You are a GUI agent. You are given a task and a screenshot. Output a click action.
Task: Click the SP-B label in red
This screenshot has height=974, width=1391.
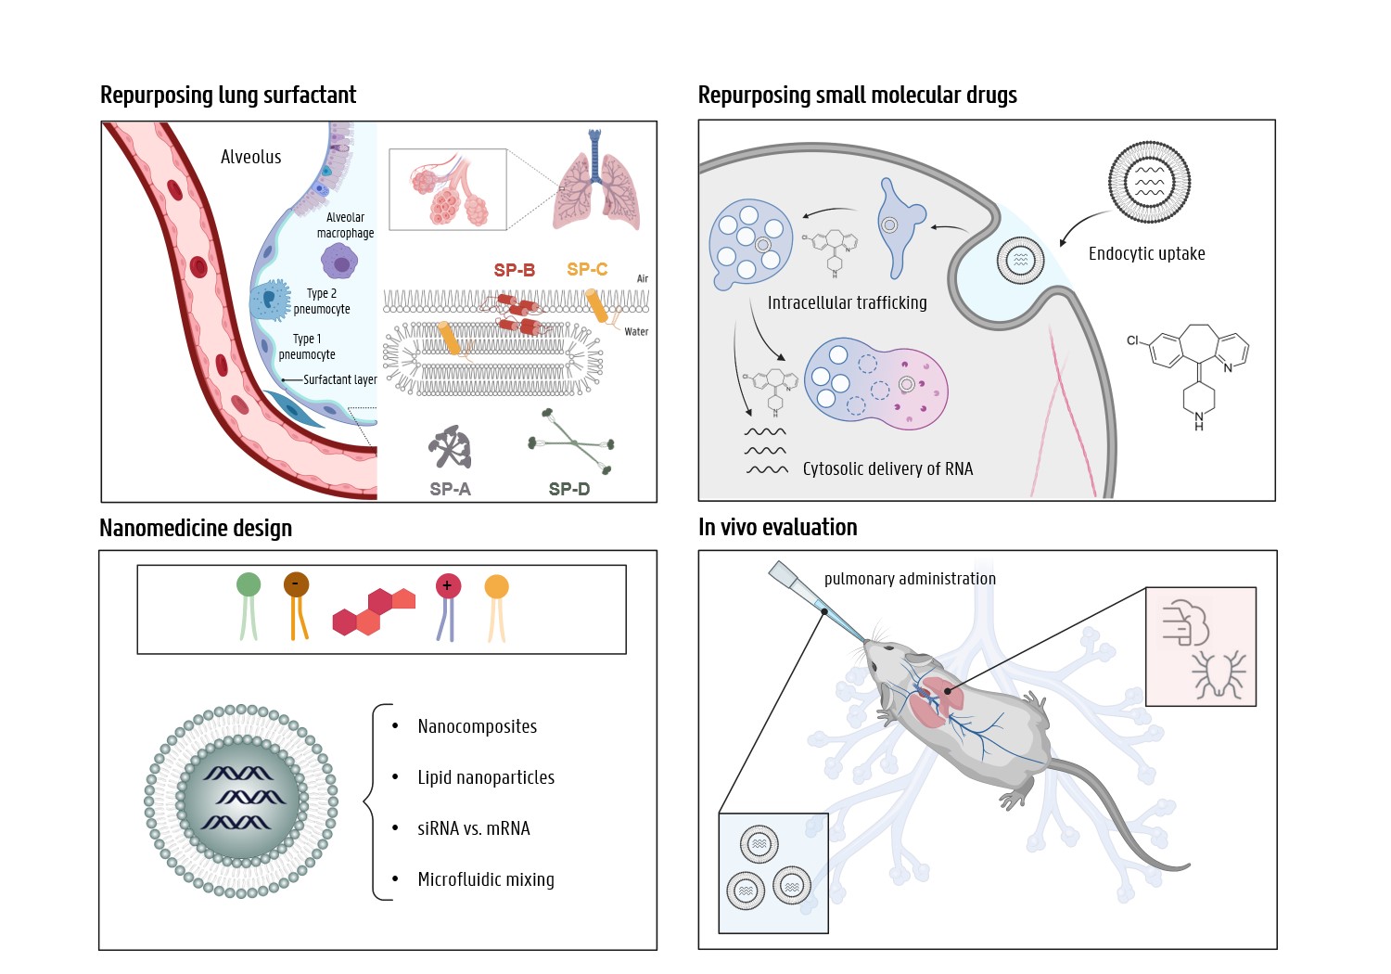(x=514, y=270)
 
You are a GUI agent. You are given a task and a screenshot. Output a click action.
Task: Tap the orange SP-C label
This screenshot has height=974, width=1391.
(x=587, y=269)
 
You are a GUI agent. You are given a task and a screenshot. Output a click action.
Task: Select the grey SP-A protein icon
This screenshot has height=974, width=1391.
(x=451, y=447)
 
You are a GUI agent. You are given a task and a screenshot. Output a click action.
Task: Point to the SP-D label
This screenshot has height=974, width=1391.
(x=568, y=489)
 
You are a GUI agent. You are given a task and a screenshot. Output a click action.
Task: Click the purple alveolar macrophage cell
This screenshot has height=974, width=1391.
(x=340, y=263)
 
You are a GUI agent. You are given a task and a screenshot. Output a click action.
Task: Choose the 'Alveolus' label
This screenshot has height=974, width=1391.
(x=250, y=157)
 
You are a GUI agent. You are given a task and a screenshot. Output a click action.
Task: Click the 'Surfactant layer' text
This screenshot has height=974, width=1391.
(x=339, y=379)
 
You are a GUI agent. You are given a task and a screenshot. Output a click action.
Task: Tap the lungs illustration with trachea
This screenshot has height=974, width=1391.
(x=596, y=186)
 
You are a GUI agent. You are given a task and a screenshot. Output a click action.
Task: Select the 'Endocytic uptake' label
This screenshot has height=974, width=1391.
(x=1146, y=254)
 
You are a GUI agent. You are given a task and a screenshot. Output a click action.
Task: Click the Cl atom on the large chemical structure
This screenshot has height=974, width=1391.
(x=1132, y=340)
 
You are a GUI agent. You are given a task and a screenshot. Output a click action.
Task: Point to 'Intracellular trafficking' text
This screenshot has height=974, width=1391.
(x=847, y=302)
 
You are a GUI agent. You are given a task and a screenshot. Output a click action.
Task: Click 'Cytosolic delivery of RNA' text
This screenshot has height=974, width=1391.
(x=887, y=469)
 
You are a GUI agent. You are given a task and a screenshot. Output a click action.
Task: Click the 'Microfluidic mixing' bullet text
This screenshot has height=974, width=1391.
(x=485, y=879)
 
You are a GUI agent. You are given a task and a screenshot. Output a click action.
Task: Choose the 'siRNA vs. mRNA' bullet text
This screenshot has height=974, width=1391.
(x=473, y=828)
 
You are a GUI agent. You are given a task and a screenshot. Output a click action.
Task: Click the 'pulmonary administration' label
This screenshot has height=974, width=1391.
(x=910, y=579)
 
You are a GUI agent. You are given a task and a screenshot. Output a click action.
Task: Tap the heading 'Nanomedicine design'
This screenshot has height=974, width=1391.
(x=196, y=528)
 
